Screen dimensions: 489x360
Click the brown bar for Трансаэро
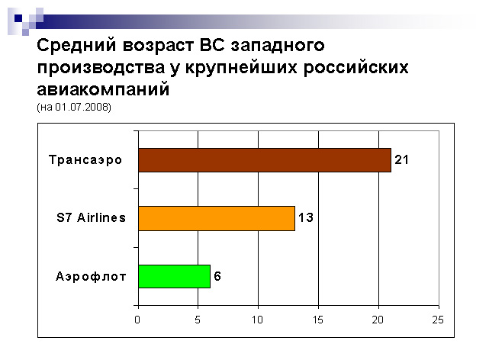(265, 160)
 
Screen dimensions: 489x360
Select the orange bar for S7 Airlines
(217, 218)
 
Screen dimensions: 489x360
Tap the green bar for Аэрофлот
(175, 276)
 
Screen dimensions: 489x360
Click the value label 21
(401, 159)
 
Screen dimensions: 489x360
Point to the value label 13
(306, 217)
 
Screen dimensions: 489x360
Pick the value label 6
(217, 276)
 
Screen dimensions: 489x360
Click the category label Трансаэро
(85, 160)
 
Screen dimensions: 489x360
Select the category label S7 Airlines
(91, 217)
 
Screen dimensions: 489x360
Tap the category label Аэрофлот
(91, 276)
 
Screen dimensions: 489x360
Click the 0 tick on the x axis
(137, 320)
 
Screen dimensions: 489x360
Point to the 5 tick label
(198, 320)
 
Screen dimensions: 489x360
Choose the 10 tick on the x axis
(257, 320)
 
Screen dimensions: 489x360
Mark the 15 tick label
(318, 320)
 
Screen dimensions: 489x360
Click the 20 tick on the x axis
(378, 320)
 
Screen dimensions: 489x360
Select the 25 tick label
(438, 320)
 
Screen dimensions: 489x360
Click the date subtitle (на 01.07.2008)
(74, 108)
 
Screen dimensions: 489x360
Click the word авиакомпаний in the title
(103, 88)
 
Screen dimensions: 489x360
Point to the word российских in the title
(355, 68)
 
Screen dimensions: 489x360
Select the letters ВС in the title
(212, 45)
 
